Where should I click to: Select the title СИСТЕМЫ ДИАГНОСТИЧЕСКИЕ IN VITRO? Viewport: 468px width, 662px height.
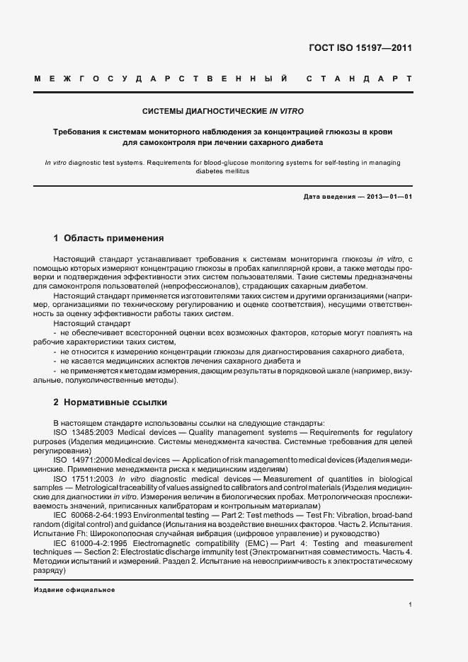click(223, 112)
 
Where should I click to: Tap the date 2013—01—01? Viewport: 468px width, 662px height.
click(389, 197)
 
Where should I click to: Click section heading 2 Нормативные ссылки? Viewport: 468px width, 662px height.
click(110, 402)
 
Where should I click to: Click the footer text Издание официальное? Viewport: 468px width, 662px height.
click(74, 589)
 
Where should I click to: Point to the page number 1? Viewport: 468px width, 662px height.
click(410, 604)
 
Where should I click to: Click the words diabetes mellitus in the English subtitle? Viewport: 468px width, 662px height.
click(223, 171)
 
